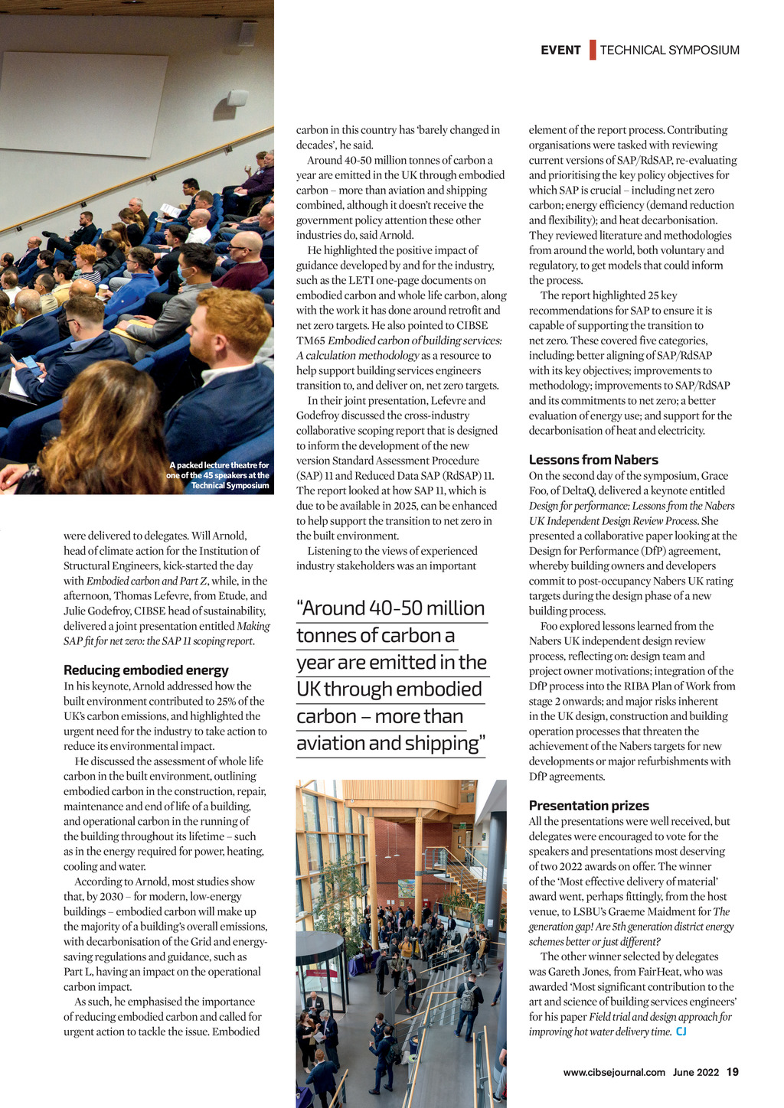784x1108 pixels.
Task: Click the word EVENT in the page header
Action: [x=560, y=51]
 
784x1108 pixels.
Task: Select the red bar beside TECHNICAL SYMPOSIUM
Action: [x=593, y=51]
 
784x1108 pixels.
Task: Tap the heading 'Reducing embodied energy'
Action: [x=146, y=670]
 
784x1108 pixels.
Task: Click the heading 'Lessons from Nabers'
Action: [x=593, y=460]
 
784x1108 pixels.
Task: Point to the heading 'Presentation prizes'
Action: [x=589, y=806]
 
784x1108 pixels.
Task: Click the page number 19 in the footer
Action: [x=733, y=1072]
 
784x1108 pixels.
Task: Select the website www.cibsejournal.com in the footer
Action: [x=614, y=1072]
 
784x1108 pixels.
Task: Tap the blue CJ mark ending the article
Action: [x=681, y=1032]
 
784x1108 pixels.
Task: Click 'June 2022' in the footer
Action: [x=696, y=1072]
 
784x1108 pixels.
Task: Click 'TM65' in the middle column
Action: [x=311, y=341]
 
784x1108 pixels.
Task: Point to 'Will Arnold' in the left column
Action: [x=218, y=536]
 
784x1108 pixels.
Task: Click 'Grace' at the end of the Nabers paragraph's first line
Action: [x=714, y=476]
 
